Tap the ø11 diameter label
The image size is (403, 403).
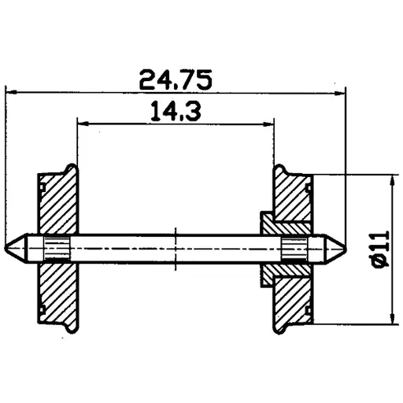click(x=377, y=249)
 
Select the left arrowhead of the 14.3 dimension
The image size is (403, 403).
click(x=82, y=124)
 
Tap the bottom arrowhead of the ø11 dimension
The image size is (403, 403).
click(x=391, y=318)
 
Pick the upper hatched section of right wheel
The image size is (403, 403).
click(x=293, y=201)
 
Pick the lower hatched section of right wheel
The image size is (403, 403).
click(x=293, y=295)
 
